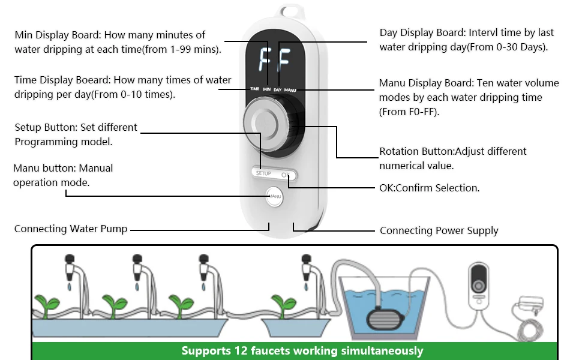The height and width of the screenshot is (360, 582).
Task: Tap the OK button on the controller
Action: [286, 174]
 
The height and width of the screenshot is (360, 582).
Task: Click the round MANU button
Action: [274, 196]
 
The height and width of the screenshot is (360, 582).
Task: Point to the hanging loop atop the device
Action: [289, 13]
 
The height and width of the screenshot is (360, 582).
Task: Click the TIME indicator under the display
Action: [255, 89]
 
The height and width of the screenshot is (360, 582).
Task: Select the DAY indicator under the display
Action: [277, 89]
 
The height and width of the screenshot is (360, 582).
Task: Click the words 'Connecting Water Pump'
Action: [71, 229]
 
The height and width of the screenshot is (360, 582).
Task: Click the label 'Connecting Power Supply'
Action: [439, 230]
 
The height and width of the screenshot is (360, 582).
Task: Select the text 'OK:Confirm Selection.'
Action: [429, 188]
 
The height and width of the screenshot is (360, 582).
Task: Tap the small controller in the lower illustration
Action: [481, 283]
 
